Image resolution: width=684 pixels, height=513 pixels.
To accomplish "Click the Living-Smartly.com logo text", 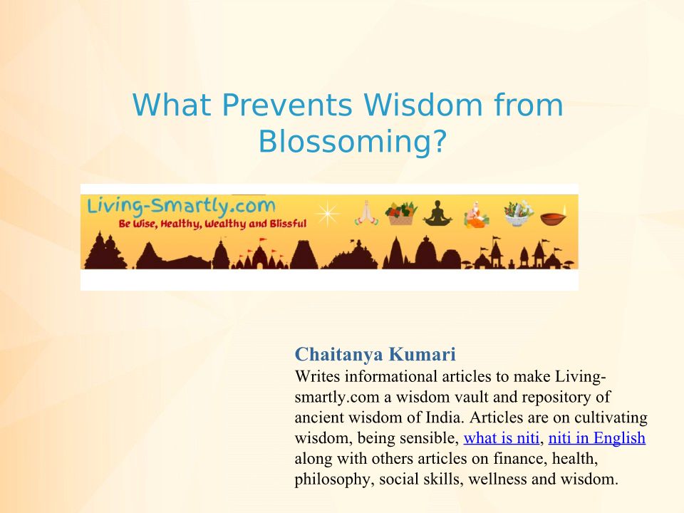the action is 181,207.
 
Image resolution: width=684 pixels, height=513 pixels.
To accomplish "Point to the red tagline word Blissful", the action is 288,224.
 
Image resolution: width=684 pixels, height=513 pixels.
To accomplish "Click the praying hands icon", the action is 366,213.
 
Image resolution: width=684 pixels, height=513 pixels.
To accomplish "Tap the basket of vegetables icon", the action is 401,213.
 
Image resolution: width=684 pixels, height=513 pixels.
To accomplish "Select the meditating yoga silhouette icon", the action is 437,213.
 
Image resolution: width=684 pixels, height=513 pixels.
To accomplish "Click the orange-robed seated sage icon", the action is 477,214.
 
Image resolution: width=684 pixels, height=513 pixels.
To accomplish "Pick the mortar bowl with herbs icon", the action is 519,213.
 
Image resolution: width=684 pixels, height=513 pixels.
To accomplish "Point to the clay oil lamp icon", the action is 554,216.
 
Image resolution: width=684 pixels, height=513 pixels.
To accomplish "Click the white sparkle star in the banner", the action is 328,214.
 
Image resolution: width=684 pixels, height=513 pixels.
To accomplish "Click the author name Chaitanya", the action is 338,354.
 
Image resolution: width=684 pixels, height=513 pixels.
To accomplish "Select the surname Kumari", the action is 422,354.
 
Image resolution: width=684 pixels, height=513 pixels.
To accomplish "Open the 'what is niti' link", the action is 501,437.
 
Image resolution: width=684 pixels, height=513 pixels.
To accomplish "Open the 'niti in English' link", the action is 597,437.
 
